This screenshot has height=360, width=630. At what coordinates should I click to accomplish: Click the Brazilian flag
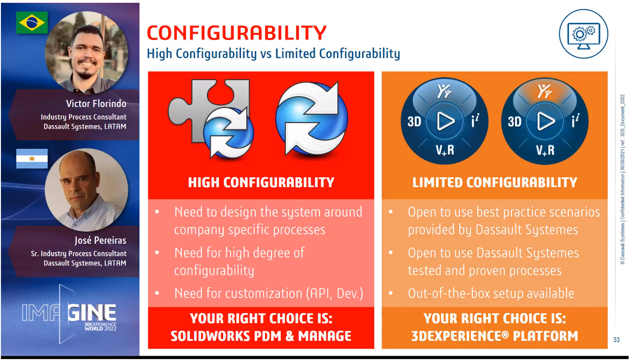pos(32,22)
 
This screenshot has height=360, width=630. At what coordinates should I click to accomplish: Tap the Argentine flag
pos(32,159)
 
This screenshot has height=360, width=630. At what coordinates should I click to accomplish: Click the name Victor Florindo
pos(96,104)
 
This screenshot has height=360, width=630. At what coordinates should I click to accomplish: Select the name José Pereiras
pos(100,240)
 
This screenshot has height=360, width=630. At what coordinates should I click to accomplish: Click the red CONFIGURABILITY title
pos(237,33)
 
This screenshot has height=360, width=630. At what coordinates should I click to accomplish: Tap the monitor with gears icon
pos(584,34)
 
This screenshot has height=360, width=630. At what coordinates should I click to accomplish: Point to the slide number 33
pos(616,340)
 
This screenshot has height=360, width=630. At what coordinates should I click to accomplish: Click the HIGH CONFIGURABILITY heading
pos(261,182)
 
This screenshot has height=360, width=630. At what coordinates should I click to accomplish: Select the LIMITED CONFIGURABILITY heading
pos(495,182)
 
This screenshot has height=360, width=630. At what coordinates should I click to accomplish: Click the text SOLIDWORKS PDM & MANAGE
pos(261,336)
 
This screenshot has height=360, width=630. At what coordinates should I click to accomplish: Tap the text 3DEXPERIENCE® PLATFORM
pos(495,336)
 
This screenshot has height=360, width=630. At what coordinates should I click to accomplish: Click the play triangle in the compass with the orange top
pos(545,121)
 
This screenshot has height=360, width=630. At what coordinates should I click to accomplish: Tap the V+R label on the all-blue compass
pos(445,150)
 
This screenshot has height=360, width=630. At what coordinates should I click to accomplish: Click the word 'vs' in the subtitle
pos(266,53)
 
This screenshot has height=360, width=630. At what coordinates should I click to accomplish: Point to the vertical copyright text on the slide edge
pos(623,180)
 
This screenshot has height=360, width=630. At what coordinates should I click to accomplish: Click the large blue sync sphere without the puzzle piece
pos(312,118)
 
